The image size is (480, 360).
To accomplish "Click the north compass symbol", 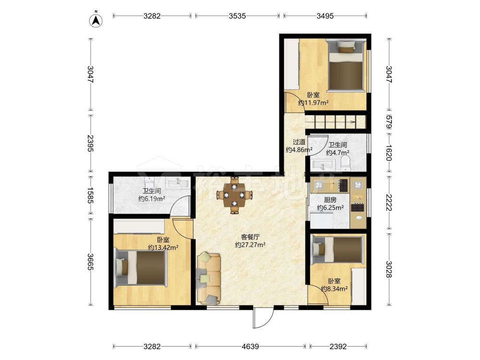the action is [x=96, y=20].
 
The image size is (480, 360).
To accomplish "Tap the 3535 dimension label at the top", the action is [x=237, y=16].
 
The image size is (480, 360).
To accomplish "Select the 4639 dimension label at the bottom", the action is [x=251, y=347].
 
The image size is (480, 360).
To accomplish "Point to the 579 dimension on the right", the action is [x=389, y=122].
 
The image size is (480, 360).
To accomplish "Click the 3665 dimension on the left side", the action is [x=91, y=262].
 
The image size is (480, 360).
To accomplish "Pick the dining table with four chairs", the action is [x=234, y=195].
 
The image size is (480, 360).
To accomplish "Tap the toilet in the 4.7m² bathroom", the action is [x=346, y=164].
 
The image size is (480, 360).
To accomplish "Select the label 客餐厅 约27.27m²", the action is [x=250, y=241].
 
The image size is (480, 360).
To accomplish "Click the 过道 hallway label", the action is [x=299, y=142].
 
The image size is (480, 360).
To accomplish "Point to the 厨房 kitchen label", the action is [x=330, y=200].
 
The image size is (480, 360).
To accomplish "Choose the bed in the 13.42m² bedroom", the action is [x=141, y=268].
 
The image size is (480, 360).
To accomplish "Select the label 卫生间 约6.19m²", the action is [x=152, y=195].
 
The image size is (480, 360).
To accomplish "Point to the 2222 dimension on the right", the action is [x=389, y=203].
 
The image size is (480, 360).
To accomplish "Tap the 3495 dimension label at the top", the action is [x=325, y=16].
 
